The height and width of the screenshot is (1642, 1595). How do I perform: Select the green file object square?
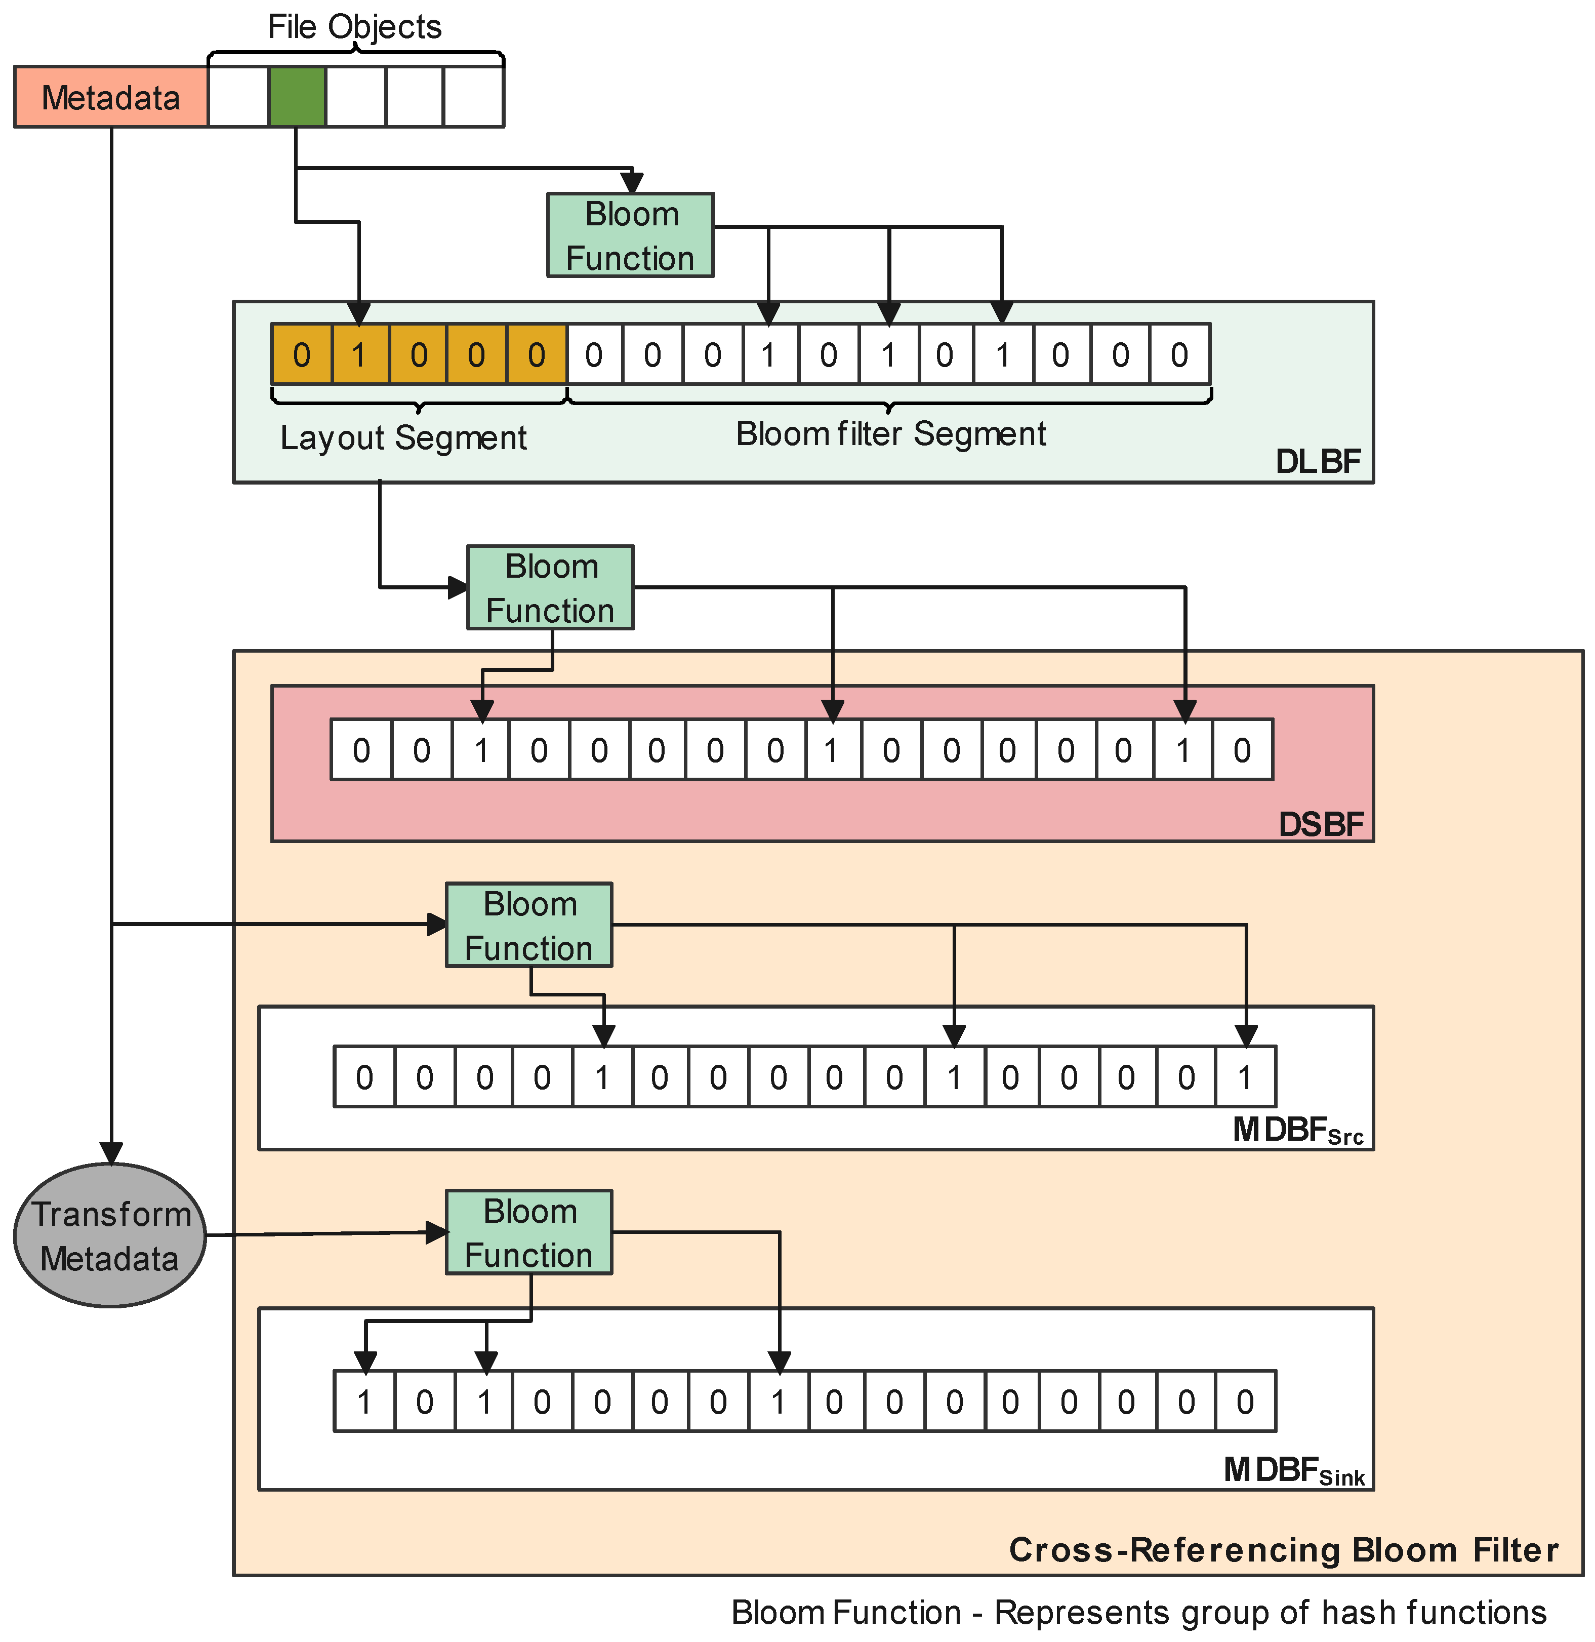click(x=297, y=97)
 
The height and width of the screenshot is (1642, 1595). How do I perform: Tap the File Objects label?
click(x=354, y=27)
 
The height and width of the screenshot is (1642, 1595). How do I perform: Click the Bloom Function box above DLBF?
click(x=630, y=235)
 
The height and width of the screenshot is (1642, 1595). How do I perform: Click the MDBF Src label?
click(x=1297, y=1131)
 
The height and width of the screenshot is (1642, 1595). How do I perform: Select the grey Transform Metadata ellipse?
click(x=110, y=1236)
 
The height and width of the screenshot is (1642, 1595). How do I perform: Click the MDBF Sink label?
click(x=1294, y=1470)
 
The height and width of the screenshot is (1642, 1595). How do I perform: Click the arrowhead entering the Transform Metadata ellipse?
click(x=111, y=1153)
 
